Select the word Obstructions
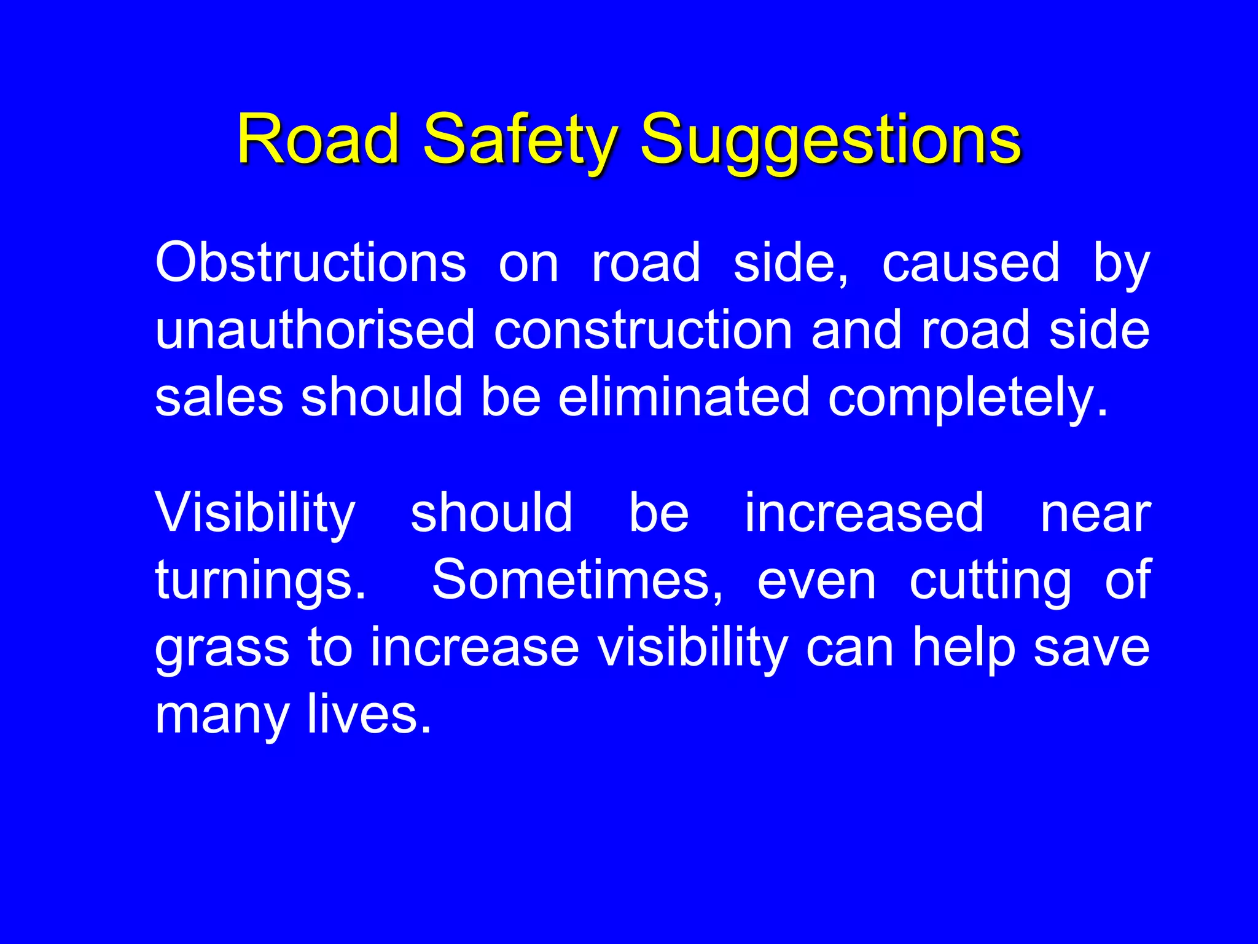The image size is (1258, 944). point(310,263)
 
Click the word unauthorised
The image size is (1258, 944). point(314,330)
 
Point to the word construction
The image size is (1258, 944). point(643,330)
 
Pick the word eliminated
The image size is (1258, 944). point(683,397)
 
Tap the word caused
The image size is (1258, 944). point(971,263)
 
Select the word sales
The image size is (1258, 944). point(219,397)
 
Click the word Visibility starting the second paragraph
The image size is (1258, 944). point(255,514)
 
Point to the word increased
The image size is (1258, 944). point(864,513)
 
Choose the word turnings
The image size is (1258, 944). point(260,581)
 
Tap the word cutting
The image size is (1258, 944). point(990,581)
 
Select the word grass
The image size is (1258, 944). point(222,648)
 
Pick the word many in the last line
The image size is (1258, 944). point(222,715)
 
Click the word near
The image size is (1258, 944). point(1095,514)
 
